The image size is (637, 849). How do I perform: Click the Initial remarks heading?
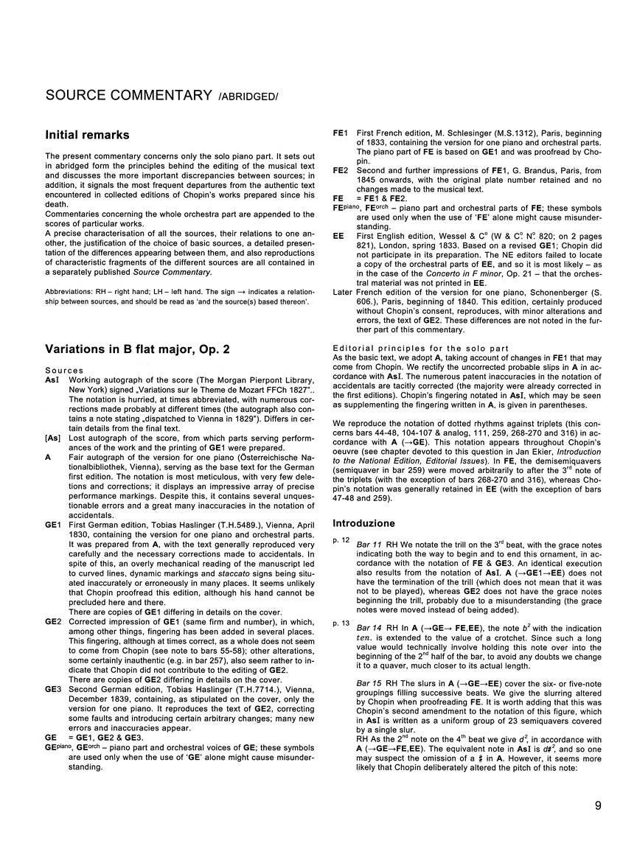(x=87, y=135)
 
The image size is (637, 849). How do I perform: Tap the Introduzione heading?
(x=364, y=523)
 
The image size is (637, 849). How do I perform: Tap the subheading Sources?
(x=64, y=370)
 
